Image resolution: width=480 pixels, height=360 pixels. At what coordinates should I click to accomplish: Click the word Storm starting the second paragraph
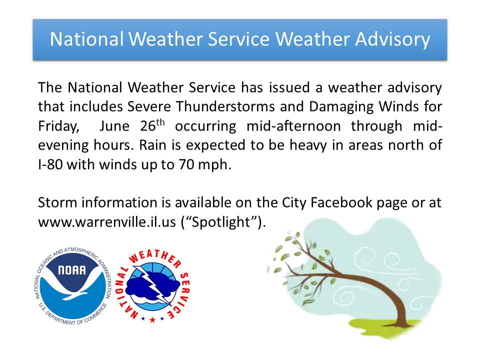tap(57, 202)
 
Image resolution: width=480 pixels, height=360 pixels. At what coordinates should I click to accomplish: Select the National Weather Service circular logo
tap(152, 285)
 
